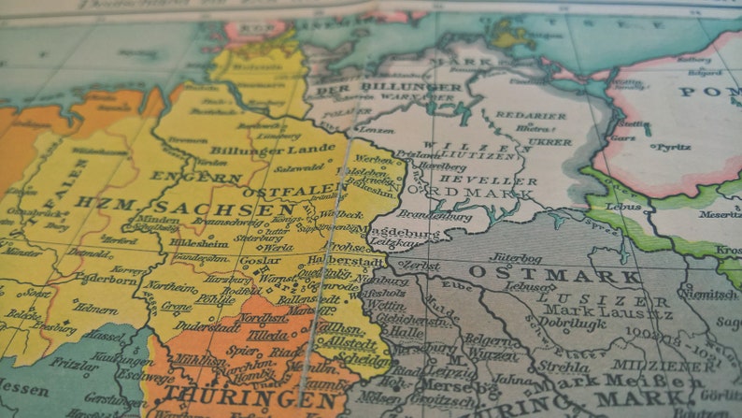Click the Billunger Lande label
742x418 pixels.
pos(259,150)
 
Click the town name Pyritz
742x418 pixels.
pos(674,147)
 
